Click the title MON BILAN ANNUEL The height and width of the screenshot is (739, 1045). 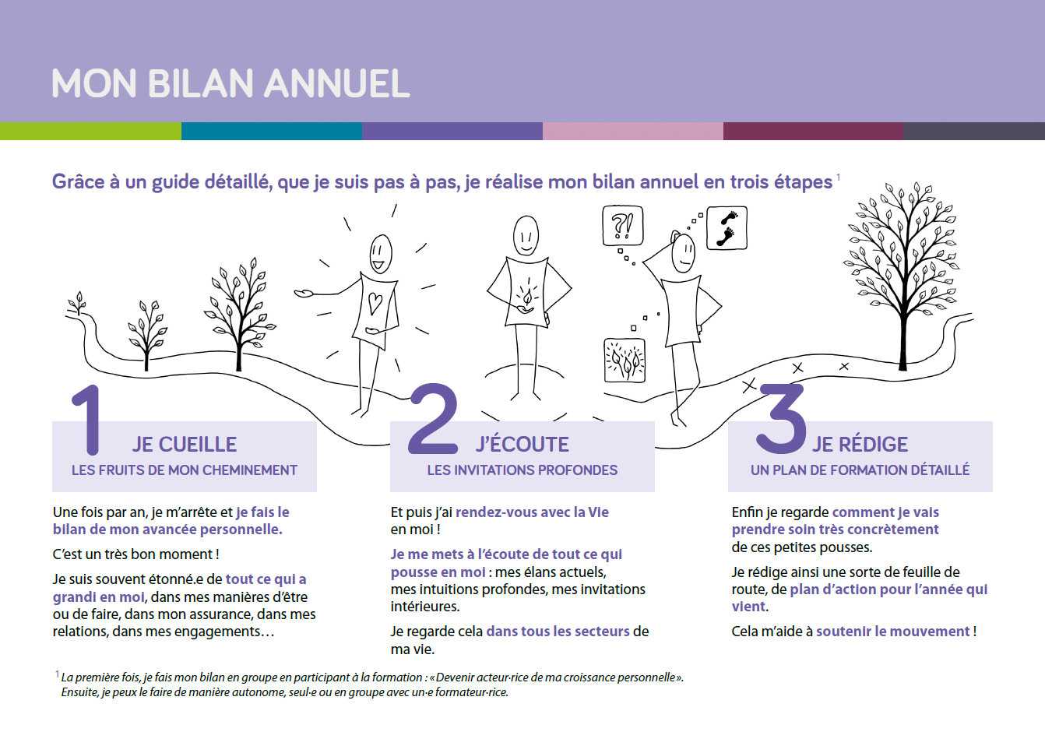pos(230,83)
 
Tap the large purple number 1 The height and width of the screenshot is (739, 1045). pos(89,419)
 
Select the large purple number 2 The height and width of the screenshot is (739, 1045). pos(434,418)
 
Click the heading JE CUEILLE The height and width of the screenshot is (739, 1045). pos(185,444)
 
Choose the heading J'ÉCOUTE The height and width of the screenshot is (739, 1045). pos(522,443)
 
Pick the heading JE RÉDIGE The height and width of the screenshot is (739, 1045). pos(860,443)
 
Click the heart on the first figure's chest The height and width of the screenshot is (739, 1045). pos(375,303)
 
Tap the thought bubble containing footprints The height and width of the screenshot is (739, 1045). pos(727,227)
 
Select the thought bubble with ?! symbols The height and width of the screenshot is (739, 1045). pos(623,226)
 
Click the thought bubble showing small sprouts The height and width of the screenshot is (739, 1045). pos(625,361)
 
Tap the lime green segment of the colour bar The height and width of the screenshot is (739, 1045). pos(90,131)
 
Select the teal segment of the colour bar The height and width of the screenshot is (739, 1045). pos(272,131)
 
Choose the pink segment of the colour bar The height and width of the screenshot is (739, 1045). pos(633,131)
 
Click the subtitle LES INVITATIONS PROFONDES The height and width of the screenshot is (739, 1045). pos(522,470)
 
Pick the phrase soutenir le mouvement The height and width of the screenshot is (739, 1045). pos(892,632)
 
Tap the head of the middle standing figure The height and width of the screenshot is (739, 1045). pos(526,236)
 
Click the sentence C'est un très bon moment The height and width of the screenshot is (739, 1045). pos(135,554)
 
